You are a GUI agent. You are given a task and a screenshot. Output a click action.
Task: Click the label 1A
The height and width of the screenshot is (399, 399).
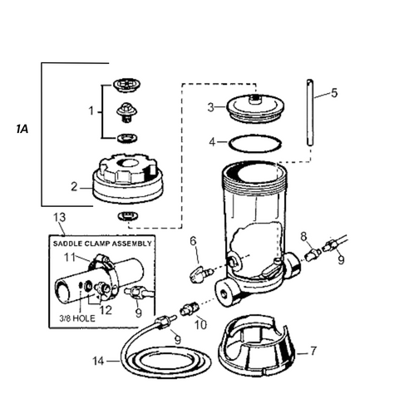(22, 129)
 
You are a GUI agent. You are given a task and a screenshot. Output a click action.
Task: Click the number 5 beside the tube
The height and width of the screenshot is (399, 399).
(334, 93)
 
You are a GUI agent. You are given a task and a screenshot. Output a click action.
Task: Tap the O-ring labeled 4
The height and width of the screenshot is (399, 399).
(255, 143)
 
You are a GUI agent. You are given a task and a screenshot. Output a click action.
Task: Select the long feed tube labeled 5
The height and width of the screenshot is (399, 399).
(310, 112)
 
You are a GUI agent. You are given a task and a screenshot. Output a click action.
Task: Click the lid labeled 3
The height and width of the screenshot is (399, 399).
(255, 108)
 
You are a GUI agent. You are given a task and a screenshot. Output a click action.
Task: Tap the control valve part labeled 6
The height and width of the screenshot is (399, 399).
(202, 274)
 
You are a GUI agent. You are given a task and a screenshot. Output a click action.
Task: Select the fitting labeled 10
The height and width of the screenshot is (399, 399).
(189, 309)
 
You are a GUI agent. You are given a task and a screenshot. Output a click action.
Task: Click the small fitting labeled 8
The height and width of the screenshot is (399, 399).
(313, 254)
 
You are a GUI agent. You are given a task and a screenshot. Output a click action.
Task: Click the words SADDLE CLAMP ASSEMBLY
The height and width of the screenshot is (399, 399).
(102, 244)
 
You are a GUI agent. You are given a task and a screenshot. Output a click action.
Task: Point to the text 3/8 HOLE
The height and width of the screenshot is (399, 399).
(77, 318)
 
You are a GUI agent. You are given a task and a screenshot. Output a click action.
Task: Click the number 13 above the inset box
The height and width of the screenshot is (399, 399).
(60, 218)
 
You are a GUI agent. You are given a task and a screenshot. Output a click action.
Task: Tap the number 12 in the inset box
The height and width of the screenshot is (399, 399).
(106, 310)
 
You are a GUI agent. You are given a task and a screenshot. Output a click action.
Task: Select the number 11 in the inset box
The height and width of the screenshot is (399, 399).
(70, 258)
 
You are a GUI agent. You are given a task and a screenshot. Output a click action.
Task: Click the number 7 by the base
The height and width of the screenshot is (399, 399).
(313, 351)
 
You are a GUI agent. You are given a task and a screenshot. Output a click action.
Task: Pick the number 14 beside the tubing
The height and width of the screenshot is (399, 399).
(98, 361)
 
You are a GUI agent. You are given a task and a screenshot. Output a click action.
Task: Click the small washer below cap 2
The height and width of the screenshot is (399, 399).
(128, 216)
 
